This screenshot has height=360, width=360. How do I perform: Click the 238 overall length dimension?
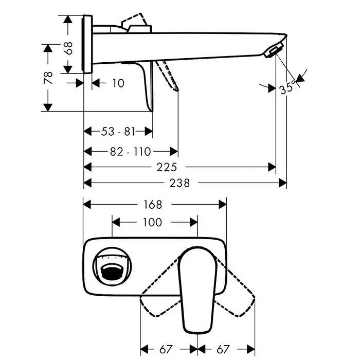coord(179,183)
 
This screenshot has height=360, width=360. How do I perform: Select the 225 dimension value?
coord(167,167)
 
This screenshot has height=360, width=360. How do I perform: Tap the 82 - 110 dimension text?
coord(131,152)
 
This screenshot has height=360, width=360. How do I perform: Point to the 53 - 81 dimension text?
coord(118,132)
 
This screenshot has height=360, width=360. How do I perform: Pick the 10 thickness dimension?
coord(118,83)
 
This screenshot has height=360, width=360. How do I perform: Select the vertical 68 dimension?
coord(68,48)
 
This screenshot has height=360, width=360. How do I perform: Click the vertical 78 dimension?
coord(48,78)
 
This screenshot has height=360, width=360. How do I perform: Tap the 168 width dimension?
coord(153,205)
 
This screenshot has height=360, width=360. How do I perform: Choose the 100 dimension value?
coord(153,222)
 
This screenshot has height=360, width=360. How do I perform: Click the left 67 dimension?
coord(166,349)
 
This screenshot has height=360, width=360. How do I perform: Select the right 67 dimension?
coord(223,349)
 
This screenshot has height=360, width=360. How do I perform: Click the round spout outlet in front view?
coord(112,266)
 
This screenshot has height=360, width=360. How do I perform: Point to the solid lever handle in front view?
coord(197,290)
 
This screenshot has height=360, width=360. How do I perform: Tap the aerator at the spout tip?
coord(273,51)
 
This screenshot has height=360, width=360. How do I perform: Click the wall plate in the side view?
coord(87,44)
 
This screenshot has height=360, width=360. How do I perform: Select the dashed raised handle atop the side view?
coord(134,23)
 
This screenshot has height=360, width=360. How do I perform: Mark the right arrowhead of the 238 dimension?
coord(283,183)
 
